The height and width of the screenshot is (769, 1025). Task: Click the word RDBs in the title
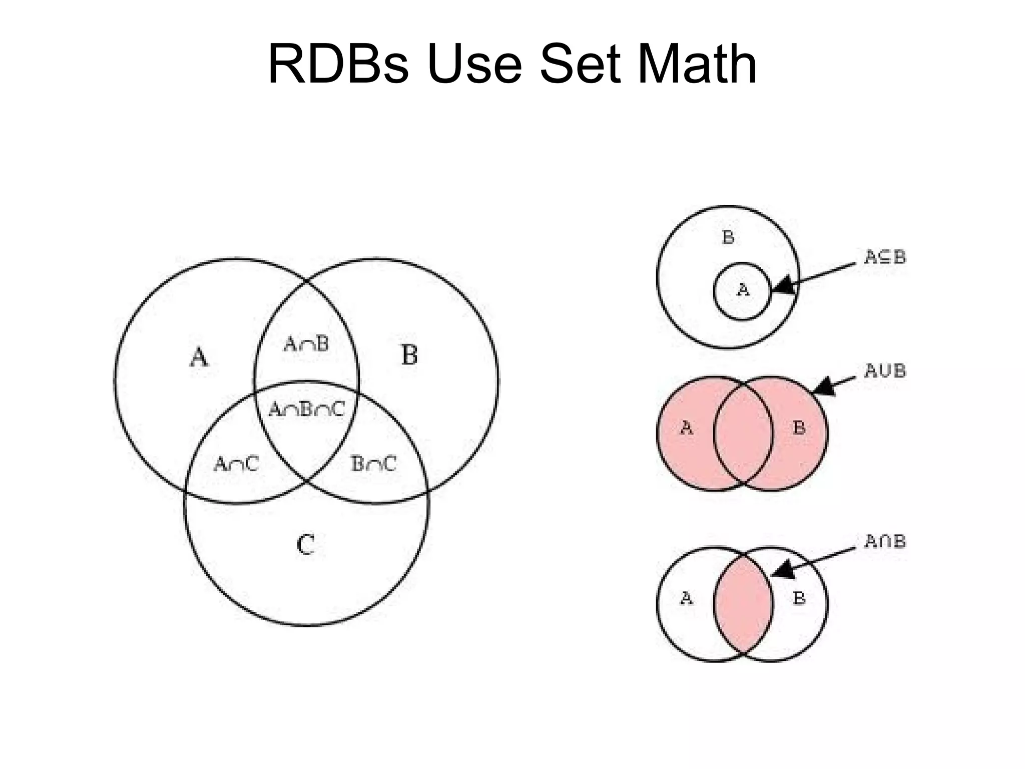338,64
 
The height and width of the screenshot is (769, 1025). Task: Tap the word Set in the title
580,64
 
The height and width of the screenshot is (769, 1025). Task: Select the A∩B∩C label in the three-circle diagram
307,410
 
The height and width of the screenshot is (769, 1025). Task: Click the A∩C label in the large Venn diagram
236,464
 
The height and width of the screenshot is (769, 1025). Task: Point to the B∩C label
374,464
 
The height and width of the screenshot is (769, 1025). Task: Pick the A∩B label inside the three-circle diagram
306,344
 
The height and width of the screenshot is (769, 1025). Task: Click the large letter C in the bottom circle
306,545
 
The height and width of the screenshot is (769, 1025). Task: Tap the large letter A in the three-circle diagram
199,357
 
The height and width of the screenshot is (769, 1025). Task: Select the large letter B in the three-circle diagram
409,355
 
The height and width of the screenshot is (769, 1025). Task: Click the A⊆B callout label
885,257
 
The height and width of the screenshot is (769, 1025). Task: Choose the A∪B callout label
885,371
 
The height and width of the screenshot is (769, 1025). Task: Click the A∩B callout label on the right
885,542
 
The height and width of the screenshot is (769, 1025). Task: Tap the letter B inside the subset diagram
728,237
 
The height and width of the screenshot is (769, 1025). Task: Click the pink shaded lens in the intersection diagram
743,603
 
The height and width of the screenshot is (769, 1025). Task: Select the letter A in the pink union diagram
687,428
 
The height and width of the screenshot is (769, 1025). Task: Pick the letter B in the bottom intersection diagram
799,598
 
